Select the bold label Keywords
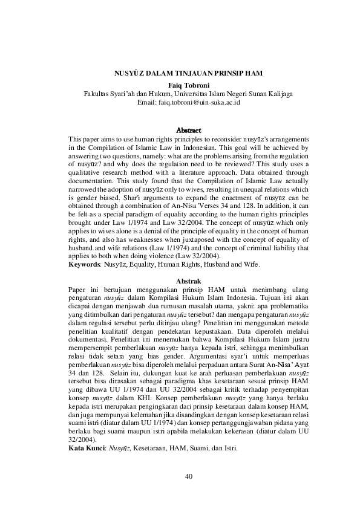pyautogui.click(x=84, y=265)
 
